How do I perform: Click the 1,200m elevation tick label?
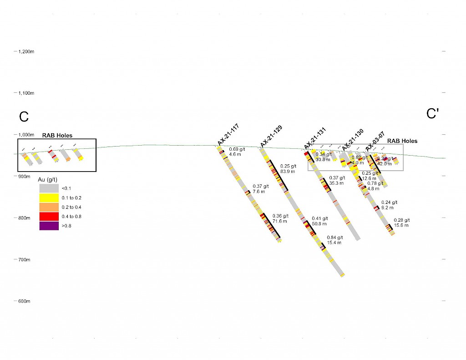[26, 51]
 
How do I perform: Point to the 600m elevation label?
[24, 301]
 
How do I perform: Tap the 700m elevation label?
[24, 259]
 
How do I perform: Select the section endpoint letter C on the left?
[24, 117]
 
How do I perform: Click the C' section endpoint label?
[432, 114]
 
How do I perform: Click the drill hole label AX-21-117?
[228, 134]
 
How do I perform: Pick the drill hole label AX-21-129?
[271, 136]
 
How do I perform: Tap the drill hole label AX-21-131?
[315, 137]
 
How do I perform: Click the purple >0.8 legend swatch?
[49, 226]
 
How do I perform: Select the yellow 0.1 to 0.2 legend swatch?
[49, 198]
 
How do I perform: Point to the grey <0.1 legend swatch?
[49, 188]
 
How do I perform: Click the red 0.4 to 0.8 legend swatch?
[49, 216]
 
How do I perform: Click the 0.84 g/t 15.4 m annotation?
[334, 240]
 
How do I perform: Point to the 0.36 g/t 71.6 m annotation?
[280, 218]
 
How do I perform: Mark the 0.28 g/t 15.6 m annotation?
[401, 223]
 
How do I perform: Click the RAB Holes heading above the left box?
[57, 135]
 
